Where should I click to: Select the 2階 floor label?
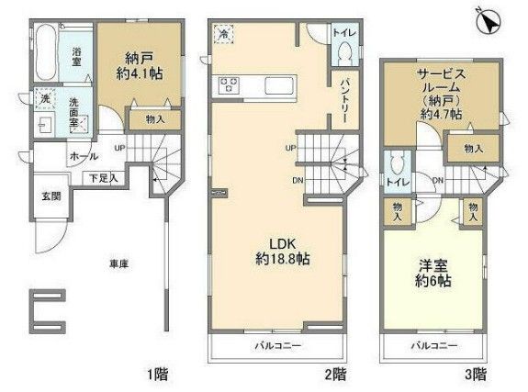coord(334,373)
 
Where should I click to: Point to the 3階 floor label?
coord(475,373)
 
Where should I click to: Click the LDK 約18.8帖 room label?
coord(275,252)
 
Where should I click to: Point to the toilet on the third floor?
coord(396,166)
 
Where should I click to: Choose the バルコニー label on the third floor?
coord(430,346)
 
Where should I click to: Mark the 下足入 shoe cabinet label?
coord(102,177)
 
